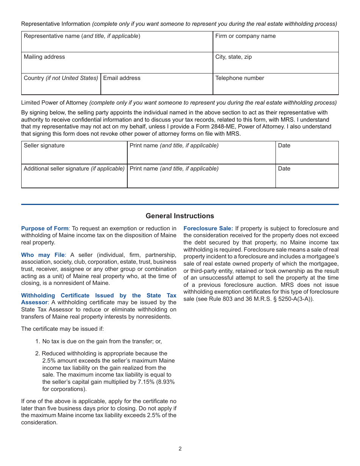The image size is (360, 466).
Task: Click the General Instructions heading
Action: [180, 216]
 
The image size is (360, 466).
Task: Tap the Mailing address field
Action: [117, 63]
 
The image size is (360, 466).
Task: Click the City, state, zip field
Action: [275, 63]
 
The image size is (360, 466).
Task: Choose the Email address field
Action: [157, 84]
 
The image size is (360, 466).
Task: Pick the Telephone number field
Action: [275, 84]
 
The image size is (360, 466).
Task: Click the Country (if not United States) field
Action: [61, 84]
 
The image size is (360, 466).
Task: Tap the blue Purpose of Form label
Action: [45, 228]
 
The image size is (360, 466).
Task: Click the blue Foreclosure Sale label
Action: [208, 228]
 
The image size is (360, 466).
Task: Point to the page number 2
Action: [180, 449]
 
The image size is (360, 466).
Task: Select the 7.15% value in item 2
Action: [147, 382]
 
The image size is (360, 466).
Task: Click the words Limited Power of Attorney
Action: [54, 103]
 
